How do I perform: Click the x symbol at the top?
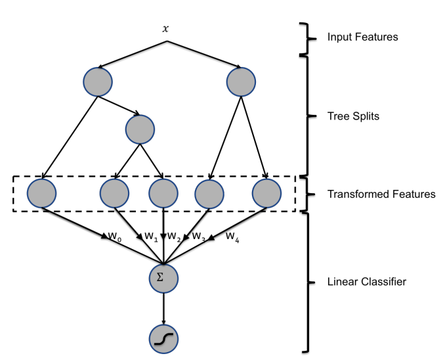tap(165, 29)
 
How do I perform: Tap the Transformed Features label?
tap(381, 194)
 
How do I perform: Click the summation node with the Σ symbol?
tap(163, 278)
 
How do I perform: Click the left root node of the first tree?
tap(98, 81)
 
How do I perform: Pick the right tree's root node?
tap(240, 81)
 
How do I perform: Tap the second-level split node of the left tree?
tap(139, 129)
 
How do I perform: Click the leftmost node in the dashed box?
tap(42, 194)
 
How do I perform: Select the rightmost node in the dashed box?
tap(266, 194)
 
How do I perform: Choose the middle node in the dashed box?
tap(163, 194)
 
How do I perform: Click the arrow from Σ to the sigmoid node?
tap(163, 308)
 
